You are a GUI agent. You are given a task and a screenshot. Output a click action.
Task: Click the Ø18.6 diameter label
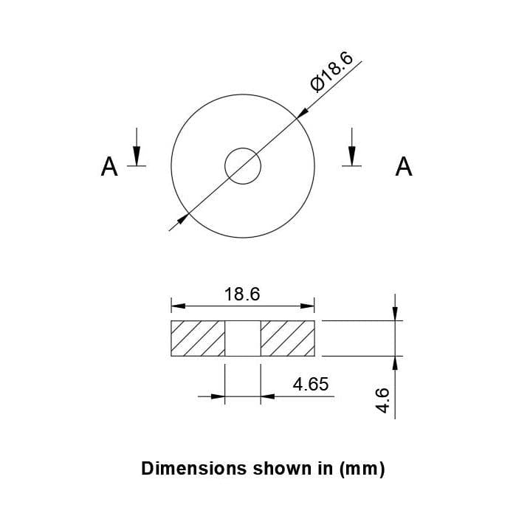tap(332, 72)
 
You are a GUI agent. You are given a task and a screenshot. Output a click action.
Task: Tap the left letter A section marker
tap(109, 167)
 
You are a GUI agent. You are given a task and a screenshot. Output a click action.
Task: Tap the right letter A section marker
tap(404, 167)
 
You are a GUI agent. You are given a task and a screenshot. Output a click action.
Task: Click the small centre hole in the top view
tap(243, 165)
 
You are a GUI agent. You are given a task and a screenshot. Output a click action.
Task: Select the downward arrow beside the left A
tap(137, 154)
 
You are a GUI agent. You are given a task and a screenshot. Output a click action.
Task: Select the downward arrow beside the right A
tap(352, 154)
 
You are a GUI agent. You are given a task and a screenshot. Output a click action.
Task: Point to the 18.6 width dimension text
tap(242, 295)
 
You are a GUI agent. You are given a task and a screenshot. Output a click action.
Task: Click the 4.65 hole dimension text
tap(310, 384)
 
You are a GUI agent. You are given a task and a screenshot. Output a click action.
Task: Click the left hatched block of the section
tap(198, 339)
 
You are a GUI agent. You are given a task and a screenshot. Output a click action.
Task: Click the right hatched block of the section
tap(287, 339)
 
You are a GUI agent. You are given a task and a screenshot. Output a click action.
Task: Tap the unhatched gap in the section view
tap(243, 339)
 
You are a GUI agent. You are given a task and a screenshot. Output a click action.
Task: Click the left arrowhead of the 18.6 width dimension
tap(177, 306)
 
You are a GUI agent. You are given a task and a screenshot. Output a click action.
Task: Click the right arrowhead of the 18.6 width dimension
tap(309, 306)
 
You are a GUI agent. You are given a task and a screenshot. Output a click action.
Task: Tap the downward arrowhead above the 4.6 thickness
tap(396, 314)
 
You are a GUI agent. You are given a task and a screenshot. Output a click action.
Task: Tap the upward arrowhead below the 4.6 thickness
tap(396, 362)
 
